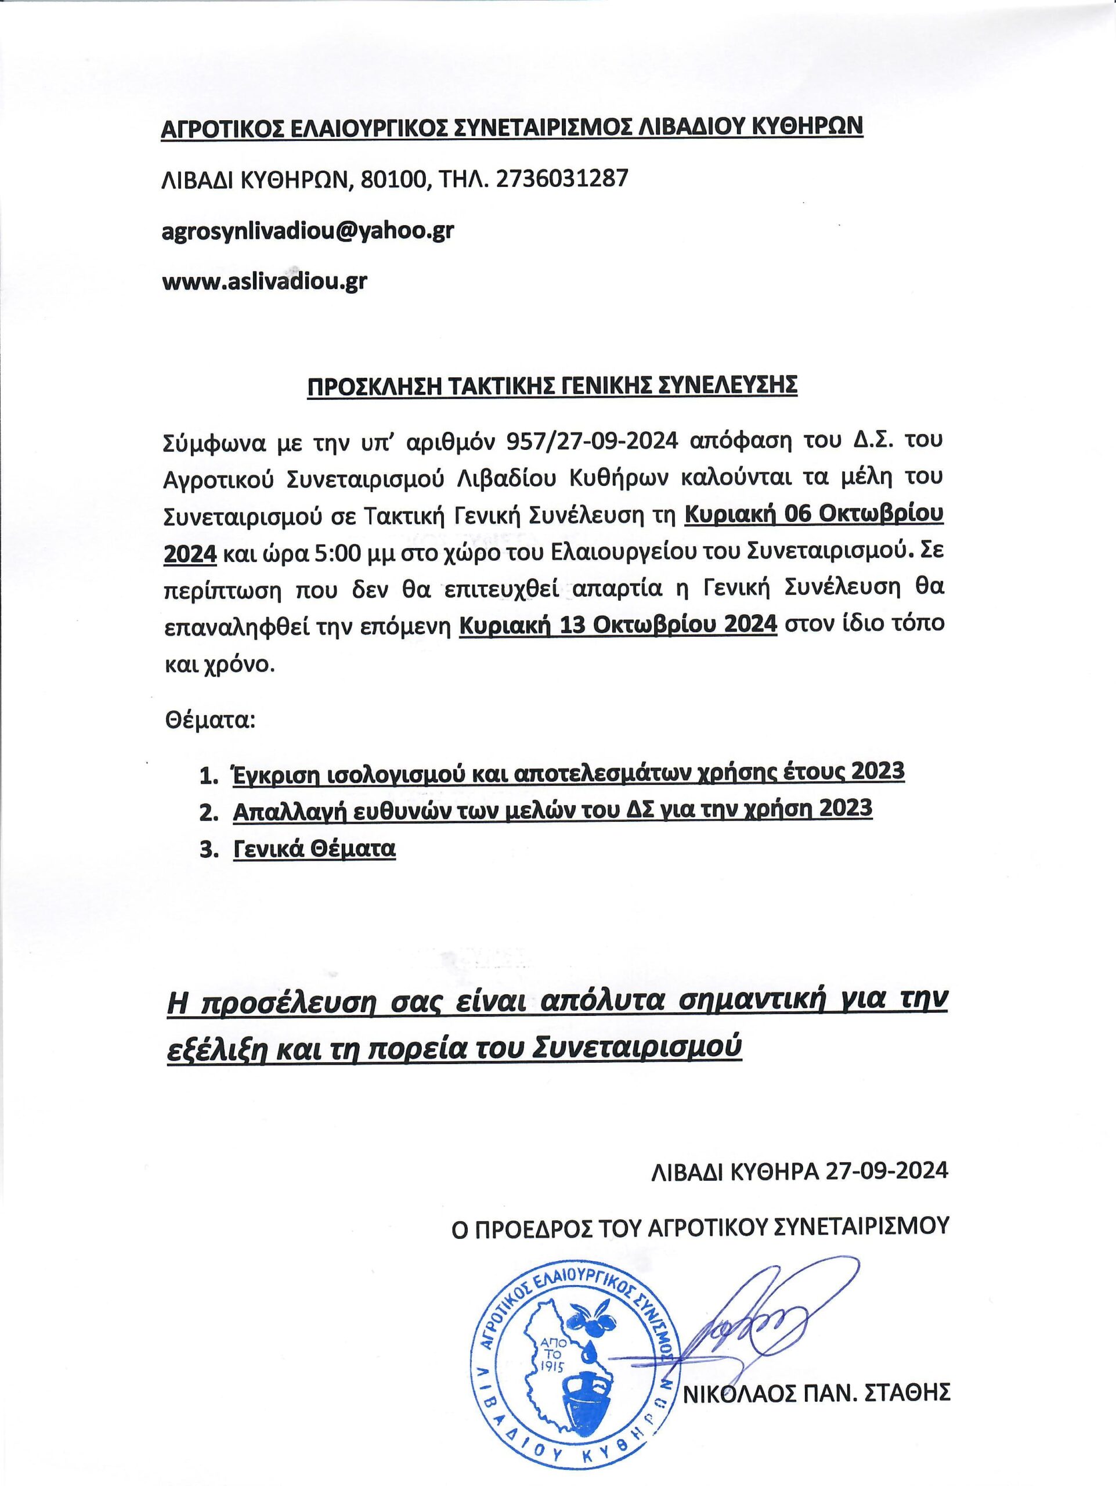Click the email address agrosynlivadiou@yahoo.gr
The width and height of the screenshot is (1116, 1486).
308,230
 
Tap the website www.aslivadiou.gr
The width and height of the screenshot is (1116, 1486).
265,281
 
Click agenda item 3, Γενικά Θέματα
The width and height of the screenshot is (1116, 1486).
314,849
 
